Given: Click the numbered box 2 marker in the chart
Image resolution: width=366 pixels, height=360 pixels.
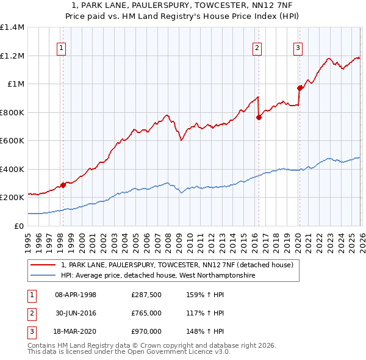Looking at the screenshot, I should click(257, 48).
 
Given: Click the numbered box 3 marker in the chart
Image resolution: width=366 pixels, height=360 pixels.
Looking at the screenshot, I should click(298, 48).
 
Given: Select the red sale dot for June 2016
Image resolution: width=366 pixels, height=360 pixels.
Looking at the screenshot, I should click(259, 117).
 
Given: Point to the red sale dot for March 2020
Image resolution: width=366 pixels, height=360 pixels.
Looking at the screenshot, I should click(300, 88).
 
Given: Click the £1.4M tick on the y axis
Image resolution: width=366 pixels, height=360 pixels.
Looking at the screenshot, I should click(12, 27).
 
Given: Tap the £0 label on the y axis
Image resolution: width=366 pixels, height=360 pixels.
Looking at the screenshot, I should click(19, 226).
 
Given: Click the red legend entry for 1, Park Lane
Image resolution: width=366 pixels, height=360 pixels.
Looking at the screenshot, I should click(177, 265).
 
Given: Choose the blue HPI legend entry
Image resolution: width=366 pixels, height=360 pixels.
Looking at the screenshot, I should click(157, 276).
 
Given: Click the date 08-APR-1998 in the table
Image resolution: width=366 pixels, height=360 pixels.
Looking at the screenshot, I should click(76, 295).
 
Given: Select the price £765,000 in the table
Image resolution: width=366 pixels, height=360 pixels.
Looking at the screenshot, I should click(146, 313).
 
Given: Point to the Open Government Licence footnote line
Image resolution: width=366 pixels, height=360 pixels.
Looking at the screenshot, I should click(129, 352).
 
